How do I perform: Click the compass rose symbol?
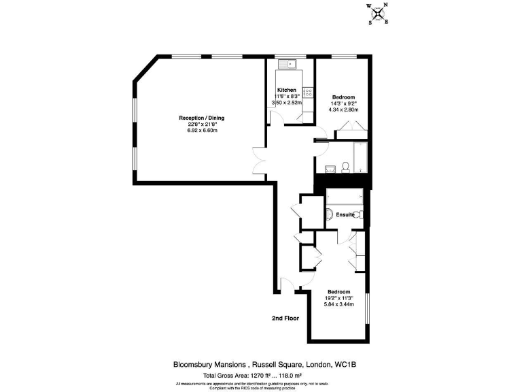pos(379,14)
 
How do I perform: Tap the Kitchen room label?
pos(286,91)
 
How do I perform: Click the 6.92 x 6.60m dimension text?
pos(202,130)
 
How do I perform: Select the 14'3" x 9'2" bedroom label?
pos(343,103)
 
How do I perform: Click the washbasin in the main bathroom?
pos(330,168)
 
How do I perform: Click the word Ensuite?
pos(345,215)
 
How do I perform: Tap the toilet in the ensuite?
pos(360,215)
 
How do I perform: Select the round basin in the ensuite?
pos(329,215)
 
